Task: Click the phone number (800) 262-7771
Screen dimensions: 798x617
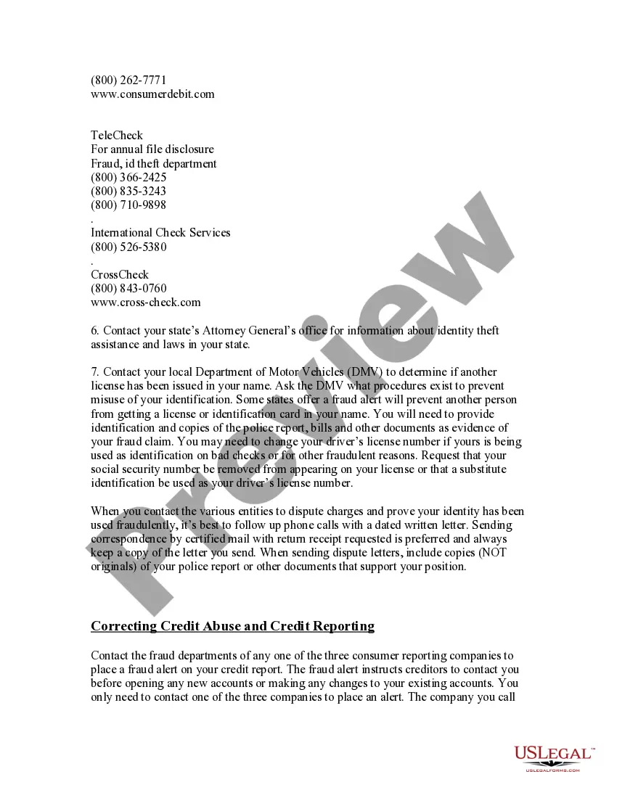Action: click(128, 80)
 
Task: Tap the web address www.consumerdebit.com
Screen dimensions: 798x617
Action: click(152, 94)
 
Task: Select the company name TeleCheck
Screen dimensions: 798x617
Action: click(117, 136)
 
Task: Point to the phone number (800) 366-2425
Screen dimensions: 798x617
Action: click(128, 177)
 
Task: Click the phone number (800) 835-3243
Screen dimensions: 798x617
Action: click(128, 191)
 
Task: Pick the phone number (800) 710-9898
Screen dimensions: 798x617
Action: click(128, 205)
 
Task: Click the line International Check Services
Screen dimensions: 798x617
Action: click(160, 233)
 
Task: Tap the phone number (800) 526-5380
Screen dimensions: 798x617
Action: click(128, 247)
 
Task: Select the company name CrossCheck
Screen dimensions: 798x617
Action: click(120, 275)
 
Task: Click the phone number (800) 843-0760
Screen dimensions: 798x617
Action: click(128, 289)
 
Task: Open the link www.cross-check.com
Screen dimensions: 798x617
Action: click(146, 303)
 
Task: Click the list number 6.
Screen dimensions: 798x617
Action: click(94, 331)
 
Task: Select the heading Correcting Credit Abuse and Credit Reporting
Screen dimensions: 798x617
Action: click(232, 626)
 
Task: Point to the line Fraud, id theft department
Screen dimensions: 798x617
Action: click(153, 163)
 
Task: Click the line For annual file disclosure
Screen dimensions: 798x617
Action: click(152, 149)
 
